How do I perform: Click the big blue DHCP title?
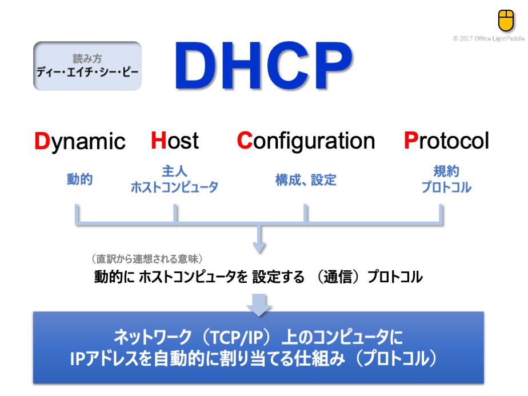[263, 65]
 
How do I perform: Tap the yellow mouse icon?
[506, 21]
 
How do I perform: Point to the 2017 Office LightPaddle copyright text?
[489, 39]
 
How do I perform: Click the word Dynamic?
[80, 141]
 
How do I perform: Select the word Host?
[175, 140]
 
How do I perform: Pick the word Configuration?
[306, 141]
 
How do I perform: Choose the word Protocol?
[446, 140]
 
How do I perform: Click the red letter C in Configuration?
[245, 140]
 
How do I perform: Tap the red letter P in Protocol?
[411, 140]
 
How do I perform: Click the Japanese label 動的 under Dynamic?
[80, 179]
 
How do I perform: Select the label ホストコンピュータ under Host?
[174, 187]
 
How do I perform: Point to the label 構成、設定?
[306, 180]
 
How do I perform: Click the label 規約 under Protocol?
[446, 171]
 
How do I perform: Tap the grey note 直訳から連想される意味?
[147, 259]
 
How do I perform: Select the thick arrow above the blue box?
[259, 305]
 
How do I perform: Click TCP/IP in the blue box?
[237, 337]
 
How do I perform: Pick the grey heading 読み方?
[87, 59]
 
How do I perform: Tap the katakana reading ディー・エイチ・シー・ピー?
[87, 72]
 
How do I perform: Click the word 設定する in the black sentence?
[278, 277]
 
